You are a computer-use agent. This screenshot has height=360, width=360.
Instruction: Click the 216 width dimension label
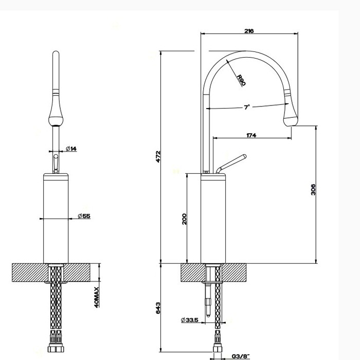coord(249,31)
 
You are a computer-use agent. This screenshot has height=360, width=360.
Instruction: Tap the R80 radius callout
coord(241,79)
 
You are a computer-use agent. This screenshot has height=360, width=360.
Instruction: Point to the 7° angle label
coord(247,107)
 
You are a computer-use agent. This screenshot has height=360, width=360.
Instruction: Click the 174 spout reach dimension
coord(251,135)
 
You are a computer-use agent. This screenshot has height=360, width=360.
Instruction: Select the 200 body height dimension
coord(184,219)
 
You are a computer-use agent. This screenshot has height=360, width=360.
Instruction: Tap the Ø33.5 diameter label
coord(190,320)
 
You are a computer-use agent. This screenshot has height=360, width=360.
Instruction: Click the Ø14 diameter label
coord(71,149)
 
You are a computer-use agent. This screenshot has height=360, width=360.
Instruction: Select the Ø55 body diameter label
coord(84,217)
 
